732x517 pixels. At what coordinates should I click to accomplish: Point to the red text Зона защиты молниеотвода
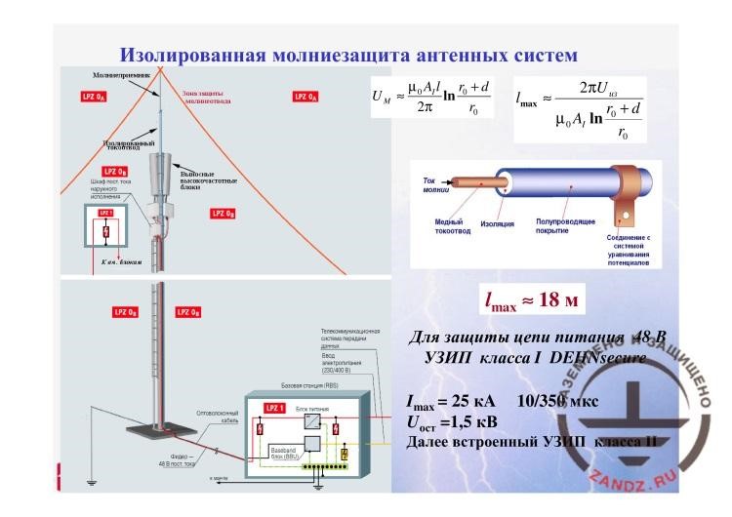[208, 98]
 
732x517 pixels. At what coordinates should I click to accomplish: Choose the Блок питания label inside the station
[309, 404]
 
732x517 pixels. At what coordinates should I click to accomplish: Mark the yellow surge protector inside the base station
[345, 452]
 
